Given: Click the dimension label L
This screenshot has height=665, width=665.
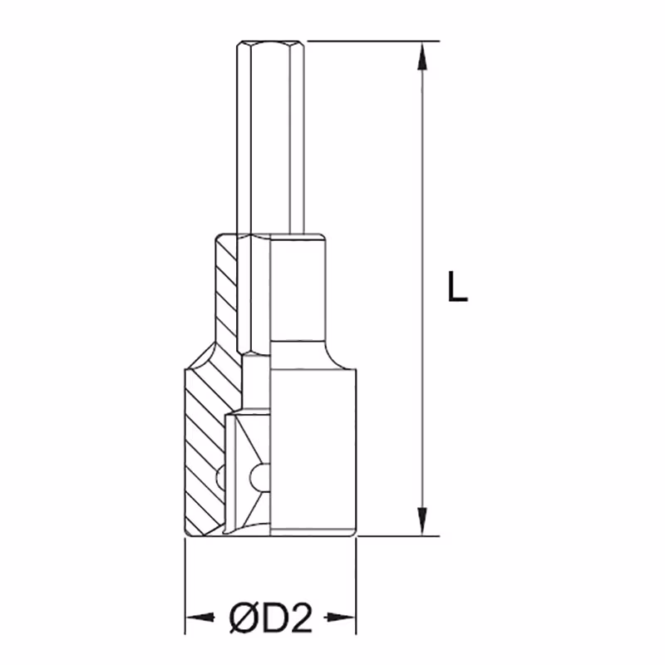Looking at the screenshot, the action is (457, 287).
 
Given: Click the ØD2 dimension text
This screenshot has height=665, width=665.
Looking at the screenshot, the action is (271, 618).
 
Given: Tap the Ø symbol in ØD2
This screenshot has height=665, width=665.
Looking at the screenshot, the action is (243, 618).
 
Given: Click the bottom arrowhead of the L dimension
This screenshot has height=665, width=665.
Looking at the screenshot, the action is (421, 522).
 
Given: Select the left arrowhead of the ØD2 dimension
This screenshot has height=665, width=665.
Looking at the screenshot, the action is (199, 618).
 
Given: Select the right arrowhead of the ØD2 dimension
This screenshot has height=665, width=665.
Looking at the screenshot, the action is (341, 618).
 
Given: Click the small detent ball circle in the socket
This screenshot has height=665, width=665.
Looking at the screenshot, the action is (258, 479).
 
